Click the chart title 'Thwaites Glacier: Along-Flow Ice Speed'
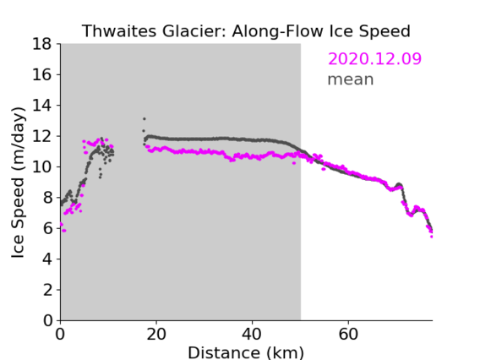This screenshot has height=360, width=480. [x=246, y=31]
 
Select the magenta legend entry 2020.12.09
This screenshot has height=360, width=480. [x=374, y=58]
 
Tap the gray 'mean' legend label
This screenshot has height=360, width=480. [x=351, y=79]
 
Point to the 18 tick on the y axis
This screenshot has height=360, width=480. [x=42, y=44]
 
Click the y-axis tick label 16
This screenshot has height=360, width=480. [x=42, y=74]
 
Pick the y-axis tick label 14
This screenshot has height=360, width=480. [x=42, y=106]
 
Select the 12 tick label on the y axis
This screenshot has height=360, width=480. [x=42, y=136]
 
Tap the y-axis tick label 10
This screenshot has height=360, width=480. [x=42, y=166]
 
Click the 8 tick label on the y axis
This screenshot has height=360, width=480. [x=47, y=198]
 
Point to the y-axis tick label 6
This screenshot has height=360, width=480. [x=47, y=228]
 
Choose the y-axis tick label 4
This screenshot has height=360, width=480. [x=47, y=259]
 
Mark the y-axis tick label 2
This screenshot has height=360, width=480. [x=47, y=290]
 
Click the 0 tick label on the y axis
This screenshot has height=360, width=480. [x=47, y=320]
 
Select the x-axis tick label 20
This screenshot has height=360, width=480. [x=156, y=334]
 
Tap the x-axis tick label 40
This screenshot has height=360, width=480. [x=252, y=334]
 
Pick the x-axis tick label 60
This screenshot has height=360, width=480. [x=348, y=334]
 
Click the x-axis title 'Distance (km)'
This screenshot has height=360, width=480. [x=246, y=352]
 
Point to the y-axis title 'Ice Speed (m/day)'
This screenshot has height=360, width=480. [x=18, y=183]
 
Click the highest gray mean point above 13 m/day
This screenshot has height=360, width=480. [x=145, y=119]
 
